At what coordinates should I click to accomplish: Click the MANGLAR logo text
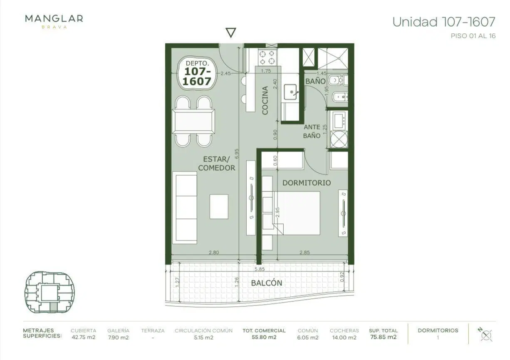coord(54,19)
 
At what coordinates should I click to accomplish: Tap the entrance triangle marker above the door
coord(230,32)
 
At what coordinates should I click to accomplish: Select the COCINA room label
coord(265,100)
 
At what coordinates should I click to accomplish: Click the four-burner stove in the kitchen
coord(267,57)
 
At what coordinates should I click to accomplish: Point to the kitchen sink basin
coord(290,92)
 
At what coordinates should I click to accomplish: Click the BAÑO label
coord(315,81)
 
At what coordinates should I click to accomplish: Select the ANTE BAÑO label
coord(312,131)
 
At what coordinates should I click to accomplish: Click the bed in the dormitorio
coord(297,213)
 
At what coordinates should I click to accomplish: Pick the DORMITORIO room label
coord(307,183)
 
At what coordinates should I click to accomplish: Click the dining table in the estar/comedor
coord(193,121)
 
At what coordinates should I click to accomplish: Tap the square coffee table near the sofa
coord(219,206)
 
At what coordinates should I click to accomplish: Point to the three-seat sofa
coord(185,208)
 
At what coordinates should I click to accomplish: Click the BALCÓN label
coord(267,283)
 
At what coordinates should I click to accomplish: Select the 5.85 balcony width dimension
coord(260,269)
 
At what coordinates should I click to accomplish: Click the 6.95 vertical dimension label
coord(237,154)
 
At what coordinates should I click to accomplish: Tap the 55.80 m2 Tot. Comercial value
coord(264,337)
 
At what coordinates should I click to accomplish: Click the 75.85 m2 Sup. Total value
coord(384,337)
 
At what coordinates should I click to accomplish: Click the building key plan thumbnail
coord(50,292)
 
